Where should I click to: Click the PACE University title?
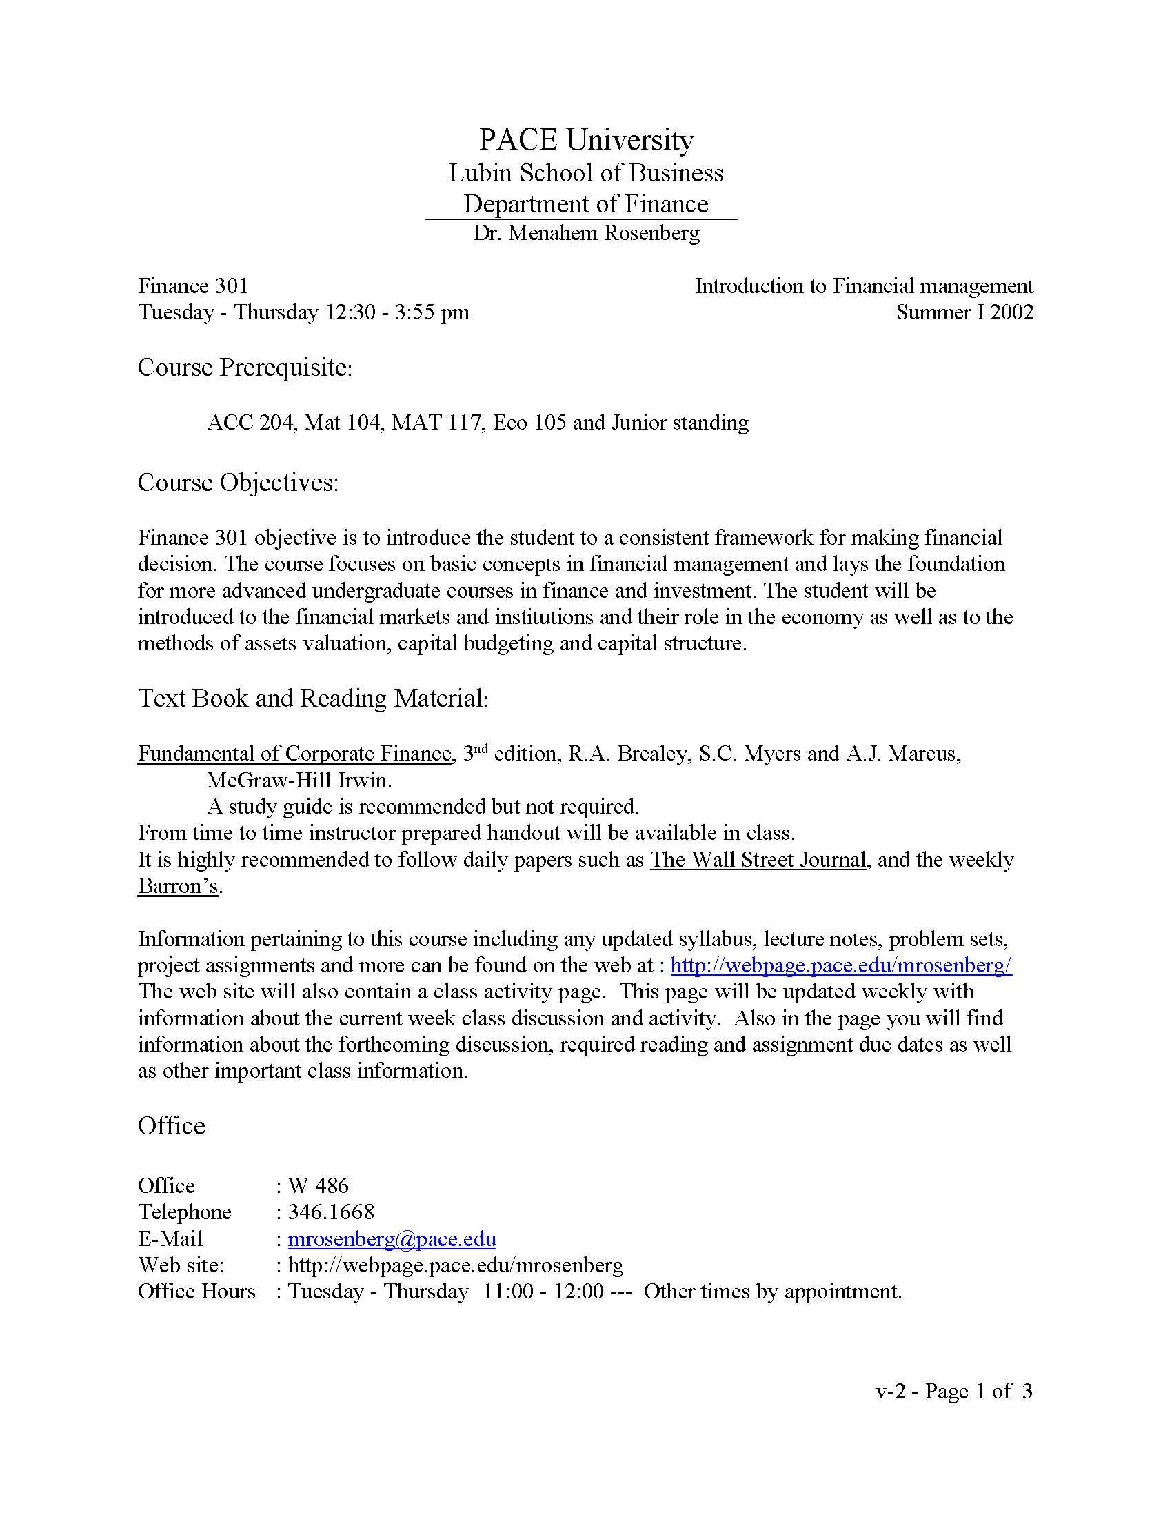(586, 139)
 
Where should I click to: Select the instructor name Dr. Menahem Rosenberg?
(586, 233)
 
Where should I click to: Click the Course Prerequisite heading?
(245, 368)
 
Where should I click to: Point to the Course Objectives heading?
(238, 482)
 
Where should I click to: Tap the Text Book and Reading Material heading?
(313, 698)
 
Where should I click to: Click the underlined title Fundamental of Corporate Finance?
(294, 754)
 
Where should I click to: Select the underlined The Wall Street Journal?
(758, 860)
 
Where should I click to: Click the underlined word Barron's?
(179, 886)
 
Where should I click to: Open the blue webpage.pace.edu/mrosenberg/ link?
(841, 965)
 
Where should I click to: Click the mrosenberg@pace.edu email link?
(392, 1239)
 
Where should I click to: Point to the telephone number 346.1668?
(330, 1212)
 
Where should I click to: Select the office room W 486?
(318, 1186)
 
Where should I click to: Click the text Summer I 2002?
(964, 312)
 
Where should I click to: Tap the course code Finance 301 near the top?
(192, 286)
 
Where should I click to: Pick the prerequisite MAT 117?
(436, 422)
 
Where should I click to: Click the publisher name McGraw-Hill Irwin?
(299, 781)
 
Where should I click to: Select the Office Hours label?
(196, 1292)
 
